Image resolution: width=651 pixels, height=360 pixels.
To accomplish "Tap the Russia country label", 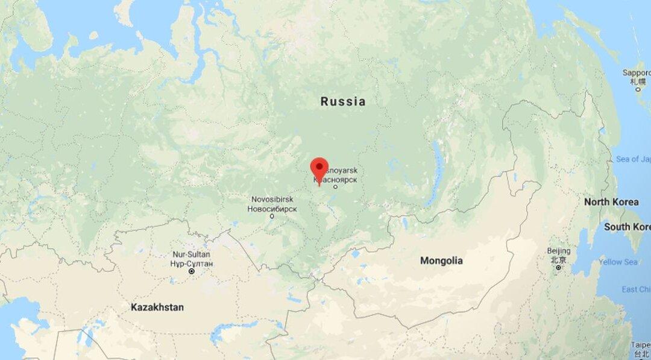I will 342,101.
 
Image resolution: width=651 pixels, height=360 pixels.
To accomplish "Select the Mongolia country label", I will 441,261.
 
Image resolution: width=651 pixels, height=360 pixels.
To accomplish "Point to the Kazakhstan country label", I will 157,307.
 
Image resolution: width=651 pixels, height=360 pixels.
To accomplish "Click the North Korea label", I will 611,202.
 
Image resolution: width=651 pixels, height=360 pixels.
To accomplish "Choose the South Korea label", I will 627,227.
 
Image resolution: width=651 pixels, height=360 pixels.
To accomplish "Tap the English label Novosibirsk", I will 272,199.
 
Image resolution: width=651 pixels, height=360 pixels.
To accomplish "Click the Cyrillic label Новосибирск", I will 272,209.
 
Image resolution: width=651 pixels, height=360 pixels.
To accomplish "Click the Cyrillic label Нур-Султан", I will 192,264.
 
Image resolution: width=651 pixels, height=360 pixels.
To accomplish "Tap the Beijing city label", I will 559,251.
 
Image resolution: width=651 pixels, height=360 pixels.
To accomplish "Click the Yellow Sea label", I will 618,262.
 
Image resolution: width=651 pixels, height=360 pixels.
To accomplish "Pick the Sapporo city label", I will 637,73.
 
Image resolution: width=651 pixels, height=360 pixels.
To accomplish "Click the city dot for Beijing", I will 559,267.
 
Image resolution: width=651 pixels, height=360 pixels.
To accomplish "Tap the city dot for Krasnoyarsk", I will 335,187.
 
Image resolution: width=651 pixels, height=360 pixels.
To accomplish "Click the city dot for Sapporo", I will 638,89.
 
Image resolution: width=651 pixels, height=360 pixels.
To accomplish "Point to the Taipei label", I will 641,345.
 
